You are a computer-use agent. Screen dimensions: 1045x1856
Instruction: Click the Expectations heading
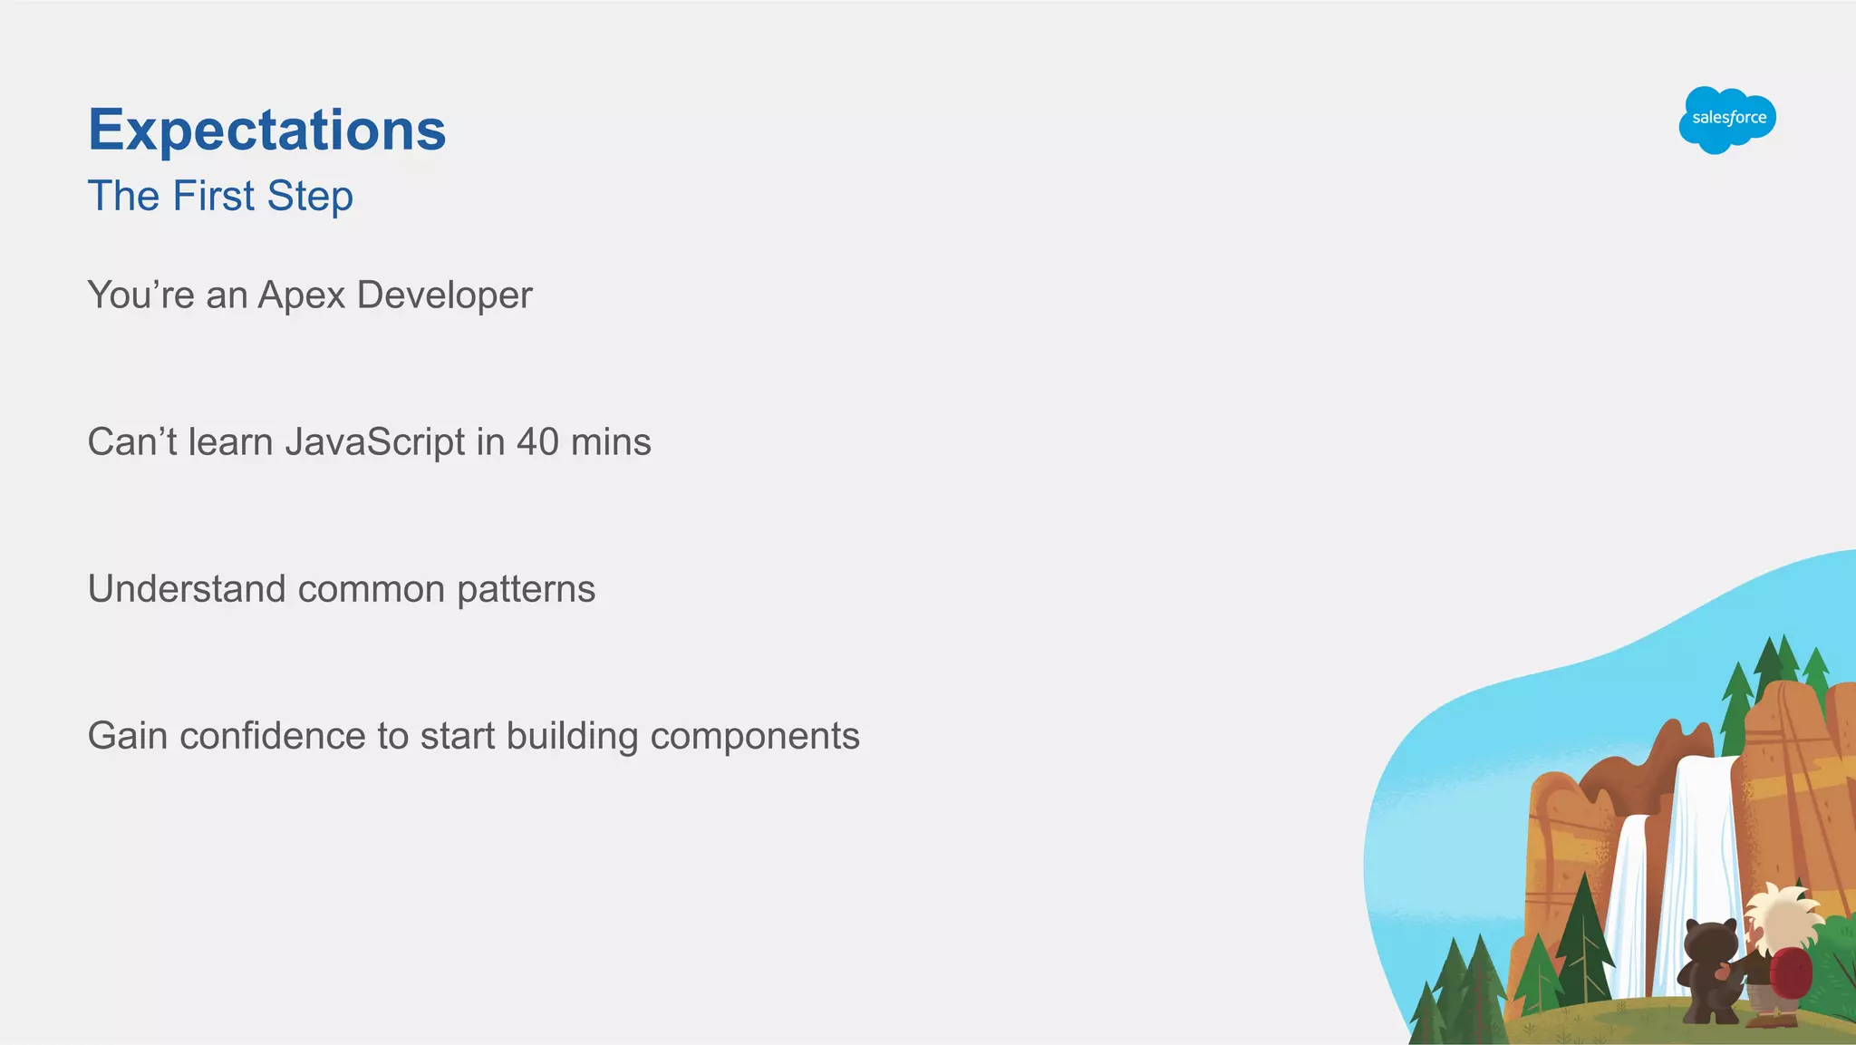click(x=266, y=130)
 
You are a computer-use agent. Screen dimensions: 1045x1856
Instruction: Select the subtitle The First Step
click(x=220, y=196)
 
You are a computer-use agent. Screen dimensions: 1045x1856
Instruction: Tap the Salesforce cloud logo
click(x=1727, y=119)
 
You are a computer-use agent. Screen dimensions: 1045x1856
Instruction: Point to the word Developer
click(x=444, y=295)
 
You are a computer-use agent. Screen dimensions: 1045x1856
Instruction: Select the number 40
click(x=537, y=442)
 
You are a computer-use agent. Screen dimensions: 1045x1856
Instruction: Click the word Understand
click(x=187, y=589)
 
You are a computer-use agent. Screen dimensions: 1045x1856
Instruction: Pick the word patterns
click(x=526, y=589)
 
